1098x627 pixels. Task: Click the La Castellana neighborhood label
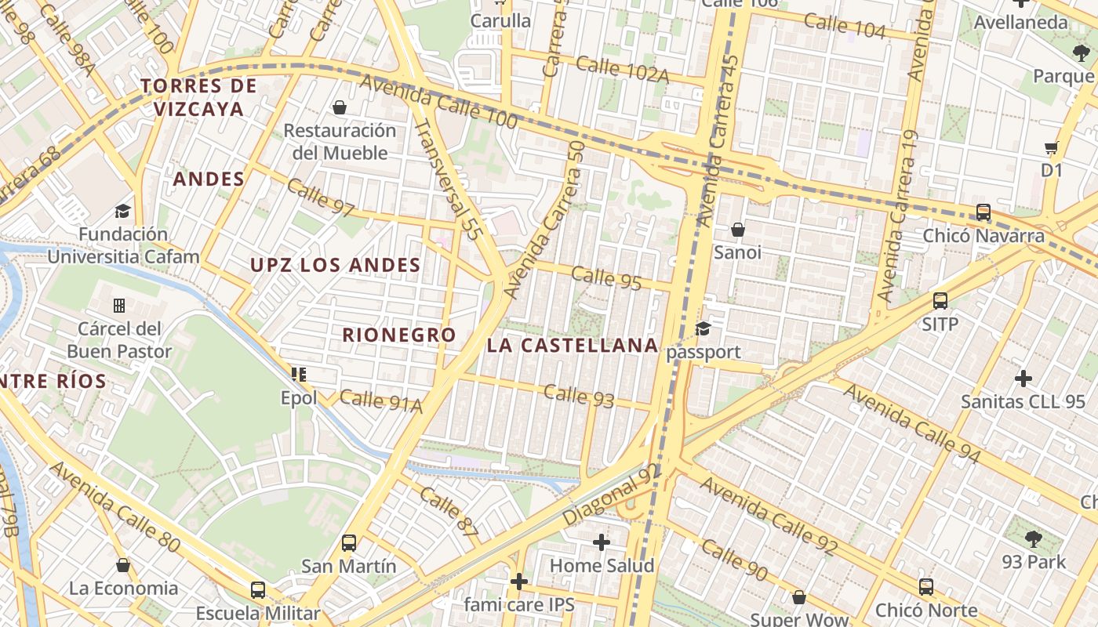572,346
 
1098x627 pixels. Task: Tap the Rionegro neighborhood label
399,335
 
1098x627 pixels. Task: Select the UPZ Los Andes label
336,266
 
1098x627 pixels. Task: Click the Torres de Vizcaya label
199,97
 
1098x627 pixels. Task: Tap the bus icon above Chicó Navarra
983,212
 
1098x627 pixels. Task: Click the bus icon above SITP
940,300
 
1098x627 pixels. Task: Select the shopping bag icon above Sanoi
737,230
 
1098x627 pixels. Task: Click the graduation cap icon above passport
703,328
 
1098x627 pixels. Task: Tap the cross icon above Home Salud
602,542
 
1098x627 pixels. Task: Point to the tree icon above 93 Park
1033,538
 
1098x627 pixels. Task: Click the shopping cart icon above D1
1051,147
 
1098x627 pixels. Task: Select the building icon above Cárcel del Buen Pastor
119,305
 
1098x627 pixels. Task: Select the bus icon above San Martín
349,542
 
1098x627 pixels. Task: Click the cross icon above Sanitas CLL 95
1023,379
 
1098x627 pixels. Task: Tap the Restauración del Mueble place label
340,142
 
